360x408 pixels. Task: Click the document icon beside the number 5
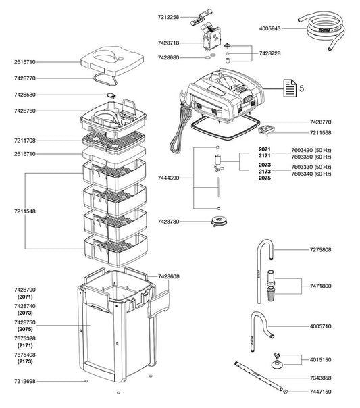288,88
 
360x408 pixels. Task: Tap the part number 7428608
170,277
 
